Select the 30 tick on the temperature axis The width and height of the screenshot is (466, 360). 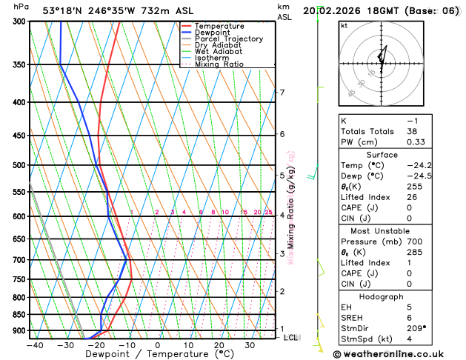(x=250, y=345)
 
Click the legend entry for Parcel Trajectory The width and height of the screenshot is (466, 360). (x=228, y=39)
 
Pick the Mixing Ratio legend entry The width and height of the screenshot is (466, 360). (x=219, y=64)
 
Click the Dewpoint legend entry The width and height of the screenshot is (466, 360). (x=213, y=33)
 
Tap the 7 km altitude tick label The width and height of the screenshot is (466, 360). (x=282, y=93)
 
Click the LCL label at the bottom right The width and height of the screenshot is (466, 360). (x=291, y=338)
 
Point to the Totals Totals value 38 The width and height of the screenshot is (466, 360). (x=412, y=131)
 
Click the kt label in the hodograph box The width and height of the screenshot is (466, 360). (x=344, y=25)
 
